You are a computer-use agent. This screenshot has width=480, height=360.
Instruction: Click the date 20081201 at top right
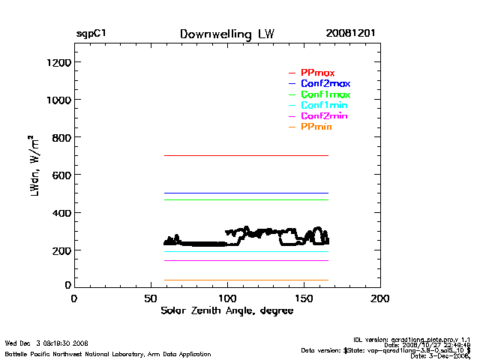pos(350,34)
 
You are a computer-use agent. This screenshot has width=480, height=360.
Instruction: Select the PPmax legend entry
pos(317,73)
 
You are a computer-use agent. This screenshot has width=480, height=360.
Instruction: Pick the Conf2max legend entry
pos(325,84)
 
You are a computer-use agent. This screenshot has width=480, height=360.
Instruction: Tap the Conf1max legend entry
pos(325,95)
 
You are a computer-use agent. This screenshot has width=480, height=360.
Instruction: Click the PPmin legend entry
pos(316,128)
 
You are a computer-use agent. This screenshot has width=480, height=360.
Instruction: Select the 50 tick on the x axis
pos(150,298)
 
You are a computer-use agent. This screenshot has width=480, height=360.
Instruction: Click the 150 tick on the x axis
pos(304,298)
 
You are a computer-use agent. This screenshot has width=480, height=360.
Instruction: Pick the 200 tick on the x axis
pos(380,298)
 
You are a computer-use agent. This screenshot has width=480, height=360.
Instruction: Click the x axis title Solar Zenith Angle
pos(227,311)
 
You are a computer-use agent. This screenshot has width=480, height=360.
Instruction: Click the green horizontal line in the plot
pos(225,199)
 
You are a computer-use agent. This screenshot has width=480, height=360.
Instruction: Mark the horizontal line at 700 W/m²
pos(225,155)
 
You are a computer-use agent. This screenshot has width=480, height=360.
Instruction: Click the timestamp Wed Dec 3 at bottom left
pos(46,343)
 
